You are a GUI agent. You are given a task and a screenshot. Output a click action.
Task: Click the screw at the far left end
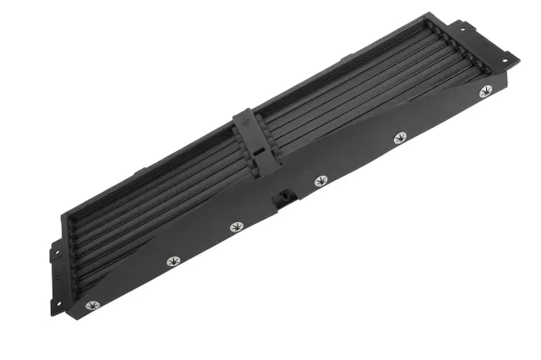pos(92,304)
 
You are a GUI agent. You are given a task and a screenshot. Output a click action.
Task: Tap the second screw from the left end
pos(173,259)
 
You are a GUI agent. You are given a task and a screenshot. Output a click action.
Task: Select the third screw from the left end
pos(237,226)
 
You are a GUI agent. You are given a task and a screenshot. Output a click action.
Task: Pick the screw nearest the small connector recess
pos(321,181)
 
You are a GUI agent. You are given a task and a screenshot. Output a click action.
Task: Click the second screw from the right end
pos(401,137)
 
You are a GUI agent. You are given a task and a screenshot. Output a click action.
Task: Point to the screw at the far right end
pos(485,91)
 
